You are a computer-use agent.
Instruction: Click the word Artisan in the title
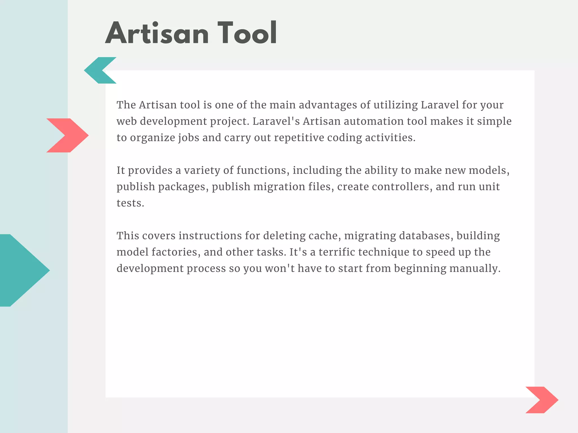[x=157, y=33]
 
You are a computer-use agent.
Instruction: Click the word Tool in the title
[x=247, y=33]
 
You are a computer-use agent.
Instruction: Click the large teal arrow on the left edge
[x=23, y=270]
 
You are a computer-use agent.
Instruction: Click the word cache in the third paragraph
[x=323, y=236]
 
